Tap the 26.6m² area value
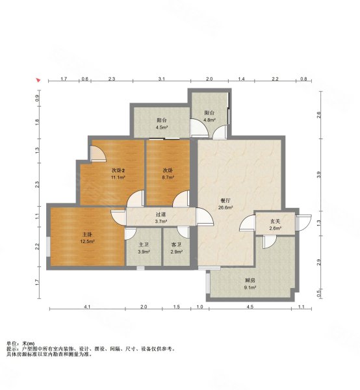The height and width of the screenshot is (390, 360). point(225,207)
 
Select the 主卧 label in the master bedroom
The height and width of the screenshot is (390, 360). point(87,234)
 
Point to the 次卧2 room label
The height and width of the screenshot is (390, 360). point(118,170)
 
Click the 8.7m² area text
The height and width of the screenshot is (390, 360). point(168,177)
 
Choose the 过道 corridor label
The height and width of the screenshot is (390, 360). point(161,214)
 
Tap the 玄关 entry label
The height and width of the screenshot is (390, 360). point(276,221)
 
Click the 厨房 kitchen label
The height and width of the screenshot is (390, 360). point(250,280)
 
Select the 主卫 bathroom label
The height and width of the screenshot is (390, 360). point(144,245)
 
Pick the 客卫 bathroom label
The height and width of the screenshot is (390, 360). point(177,245)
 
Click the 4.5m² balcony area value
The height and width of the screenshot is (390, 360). point(162,127)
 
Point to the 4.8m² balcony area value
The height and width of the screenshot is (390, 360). point(209,120)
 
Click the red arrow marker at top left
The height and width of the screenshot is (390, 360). point(38,80)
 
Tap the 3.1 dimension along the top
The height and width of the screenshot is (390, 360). point(162,79)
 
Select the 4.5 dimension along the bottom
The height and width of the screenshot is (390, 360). point(250,307)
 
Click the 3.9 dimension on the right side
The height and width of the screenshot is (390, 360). point(319,174)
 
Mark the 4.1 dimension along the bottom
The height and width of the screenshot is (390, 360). point(87,307)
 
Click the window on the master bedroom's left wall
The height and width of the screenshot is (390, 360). point(49,246)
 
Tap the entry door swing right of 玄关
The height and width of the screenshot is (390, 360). point(303,222)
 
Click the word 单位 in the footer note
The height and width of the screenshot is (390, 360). point(10,343)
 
